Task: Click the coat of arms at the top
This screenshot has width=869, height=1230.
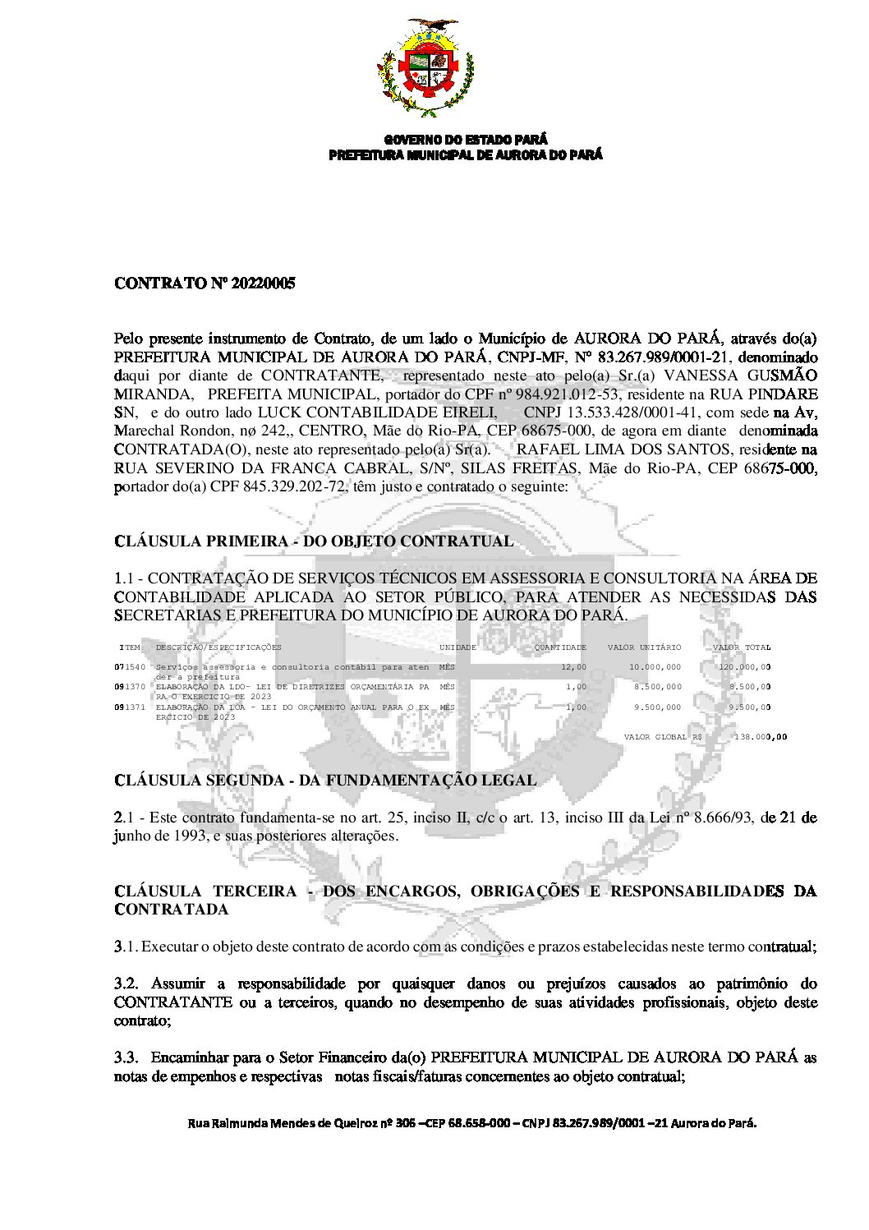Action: pos(425,68)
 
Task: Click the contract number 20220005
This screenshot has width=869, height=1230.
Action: pos(264,283)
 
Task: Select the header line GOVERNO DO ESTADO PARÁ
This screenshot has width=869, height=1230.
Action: pos(466,140)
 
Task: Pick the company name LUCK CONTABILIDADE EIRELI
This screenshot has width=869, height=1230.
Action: pos(377,412)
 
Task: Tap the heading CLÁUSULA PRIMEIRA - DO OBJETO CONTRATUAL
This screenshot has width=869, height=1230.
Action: pos(314,541)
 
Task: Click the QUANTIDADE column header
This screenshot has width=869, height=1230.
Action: pos(560,647)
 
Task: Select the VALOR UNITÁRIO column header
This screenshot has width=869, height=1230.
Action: pos(644,647)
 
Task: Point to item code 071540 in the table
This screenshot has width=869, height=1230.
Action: pos(130,667)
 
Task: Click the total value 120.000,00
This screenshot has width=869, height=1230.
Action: pos(744,667)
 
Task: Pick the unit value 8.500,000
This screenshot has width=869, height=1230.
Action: pos(657,687)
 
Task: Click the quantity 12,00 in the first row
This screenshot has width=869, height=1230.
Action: pos(573,667)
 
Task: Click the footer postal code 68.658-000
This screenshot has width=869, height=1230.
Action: pos(479,1123)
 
